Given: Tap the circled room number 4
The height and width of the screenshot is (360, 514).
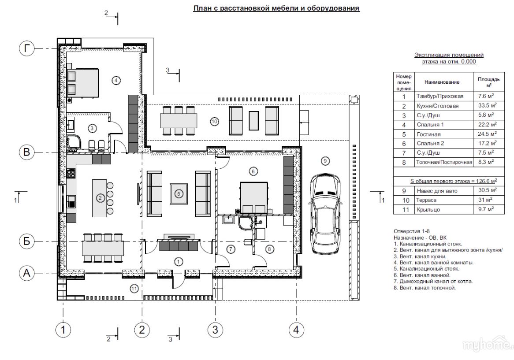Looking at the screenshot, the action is [115, 80].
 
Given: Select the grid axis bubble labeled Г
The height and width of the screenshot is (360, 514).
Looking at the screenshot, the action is [27, 49].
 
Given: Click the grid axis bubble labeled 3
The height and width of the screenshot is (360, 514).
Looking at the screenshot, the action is [215, 329].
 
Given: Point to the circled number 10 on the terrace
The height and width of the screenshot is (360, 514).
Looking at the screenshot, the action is [214, 122].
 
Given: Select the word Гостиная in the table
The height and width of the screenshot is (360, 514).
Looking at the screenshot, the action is [428, 134].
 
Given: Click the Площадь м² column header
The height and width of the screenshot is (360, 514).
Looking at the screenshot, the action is [488, 82].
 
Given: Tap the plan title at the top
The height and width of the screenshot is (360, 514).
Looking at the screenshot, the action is [276, 8].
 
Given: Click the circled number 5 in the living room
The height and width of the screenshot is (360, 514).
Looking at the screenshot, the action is [179, 194].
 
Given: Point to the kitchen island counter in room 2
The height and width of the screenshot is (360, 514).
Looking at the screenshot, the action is [100, 198].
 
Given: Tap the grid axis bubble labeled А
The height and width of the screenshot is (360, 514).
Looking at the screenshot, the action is [27, 273].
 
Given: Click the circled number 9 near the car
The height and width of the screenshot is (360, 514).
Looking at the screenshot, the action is [325, 161].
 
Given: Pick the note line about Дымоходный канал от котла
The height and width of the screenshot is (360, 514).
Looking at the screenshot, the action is [433, 282].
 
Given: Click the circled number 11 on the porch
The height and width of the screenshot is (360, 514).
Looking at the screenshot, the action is [134, 289].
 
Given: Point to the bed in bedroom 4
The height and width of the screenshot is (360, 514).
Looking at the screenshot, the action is [83, 83].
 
